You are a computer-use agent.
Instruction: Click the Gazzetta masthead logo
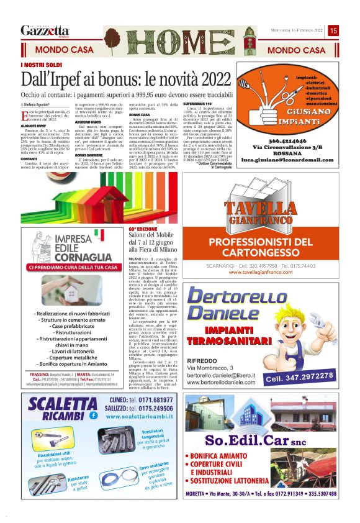tap(45, 30)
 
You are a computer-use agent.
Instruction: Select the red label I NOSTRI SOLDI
tap(42, 65)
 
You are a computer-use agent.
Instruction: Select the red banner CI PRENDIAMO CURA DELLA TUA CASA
tap(73, 267)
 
